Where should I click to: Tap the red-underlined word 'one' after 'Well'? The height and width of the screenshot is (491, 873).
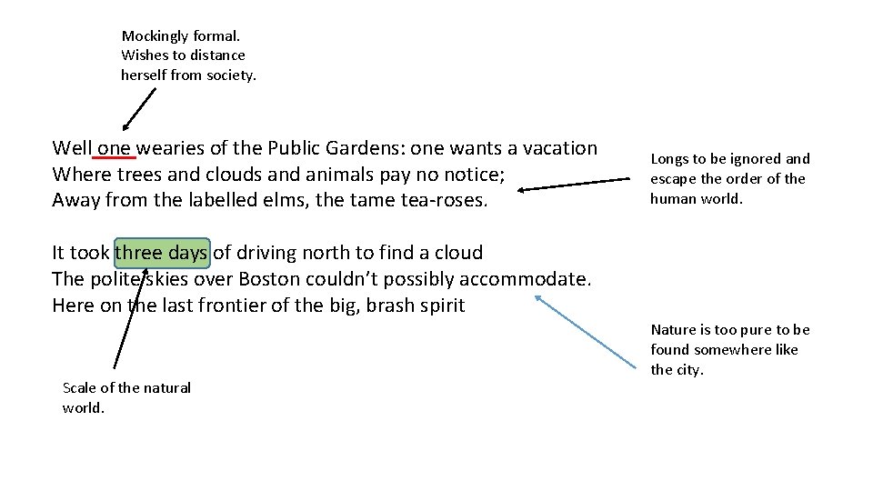[x=115, y=148]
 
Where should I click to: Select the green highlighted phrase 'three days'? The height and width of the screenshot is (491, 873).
[x=162, y=253]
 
